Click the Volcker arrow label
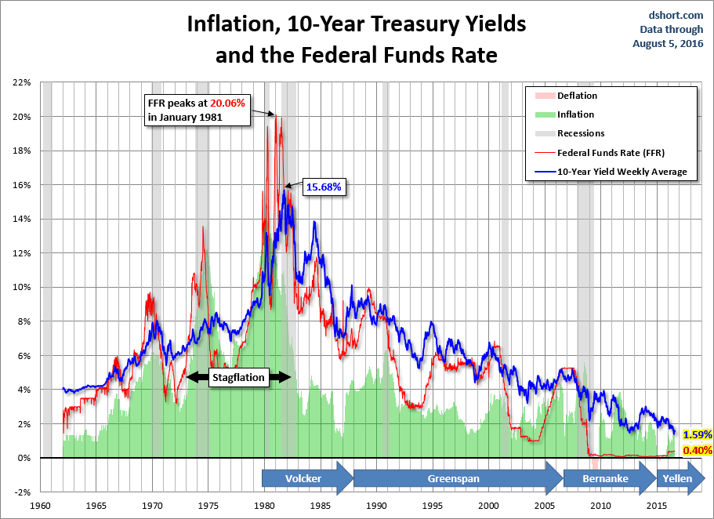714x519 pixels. click(303, 478)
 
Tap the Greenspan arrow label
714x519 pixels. click(453, 478)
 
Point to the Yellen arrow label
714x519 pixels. click(677, 478)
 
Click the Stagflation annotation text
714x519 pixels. click(239, 377)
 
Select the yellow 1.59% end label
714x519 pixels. click(697, 434)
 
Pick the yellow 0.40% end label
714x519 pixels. click(697, 450)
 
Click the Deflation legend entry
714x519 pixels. click(577, 96)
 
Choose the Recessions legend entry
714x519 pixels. click(581, 133)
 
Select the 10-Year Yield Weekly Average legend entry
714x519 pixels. click(624, 171)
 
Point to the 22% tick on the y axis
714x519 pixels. click(20, 82)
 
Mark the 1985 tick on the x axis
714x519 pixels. click(321, 506)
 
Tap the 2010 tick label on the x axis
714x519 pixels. click(601, 506)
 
